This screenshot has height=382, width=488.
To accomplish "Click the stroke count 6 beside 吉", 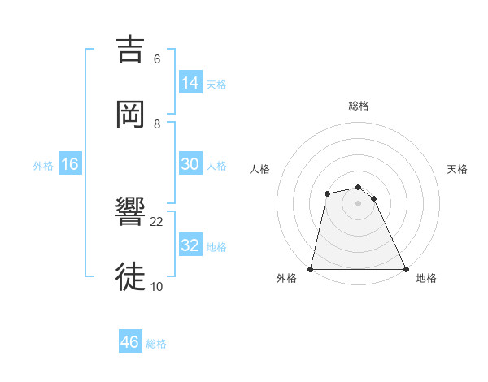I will [157, 59].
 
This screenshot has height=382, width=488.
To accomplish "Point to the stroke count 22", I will [157, 221].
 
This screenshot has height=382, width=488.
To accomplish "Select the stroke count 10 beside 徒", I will [157, 286].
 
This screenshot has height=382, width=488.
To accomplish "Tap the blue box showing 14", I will [190, 83].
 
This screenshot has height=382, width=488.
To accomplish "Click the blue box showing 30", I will [190, 164].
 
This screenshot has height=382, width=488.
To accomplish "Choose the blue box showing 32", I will [190, 245].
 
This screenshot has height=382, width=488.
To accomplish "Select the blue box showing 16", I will [70, 164].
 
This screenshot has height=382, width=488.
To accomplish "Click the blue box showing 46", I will [129, 342].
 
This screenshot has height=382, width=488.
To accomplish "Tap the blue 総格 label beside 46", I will [156, 344].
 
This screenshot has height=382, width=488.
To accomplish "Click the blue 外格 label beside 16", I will [43, 166].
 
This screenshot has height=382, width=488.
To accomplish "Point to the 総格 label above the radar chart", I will [359, 106].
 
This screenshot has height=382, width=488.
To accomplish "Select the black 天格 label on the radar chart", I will [458, 169].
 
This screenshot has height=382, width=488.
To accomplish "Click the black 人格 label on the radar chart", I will [259, 169].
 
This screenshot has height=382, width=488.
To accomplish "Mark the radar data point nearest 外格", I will [311, 269].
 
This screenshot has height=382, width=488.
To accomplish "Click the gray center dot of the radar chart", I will [359, 203].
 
